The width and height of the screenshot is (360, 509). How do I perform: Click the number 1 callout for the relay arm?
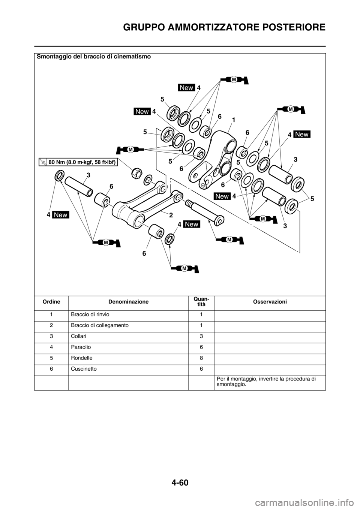(x=233, y=121)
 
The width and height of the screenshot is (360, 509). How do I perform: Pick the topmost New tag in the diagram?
(x=186, y=87)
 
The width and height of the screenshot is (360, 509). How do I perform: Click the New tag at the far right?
(x=302, y=134)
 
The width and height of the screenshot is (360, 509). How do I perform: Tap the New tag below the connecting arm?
(x=192, y=224)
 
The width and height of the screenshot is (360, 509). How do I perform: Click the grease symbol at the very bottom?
(x=184, y=268)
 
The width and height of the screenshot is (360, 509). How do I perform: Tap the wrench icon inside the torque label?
(x=43, y=162)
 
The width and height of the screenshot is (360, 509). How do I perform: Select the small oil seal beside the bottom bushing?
(x=170, y=238)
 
